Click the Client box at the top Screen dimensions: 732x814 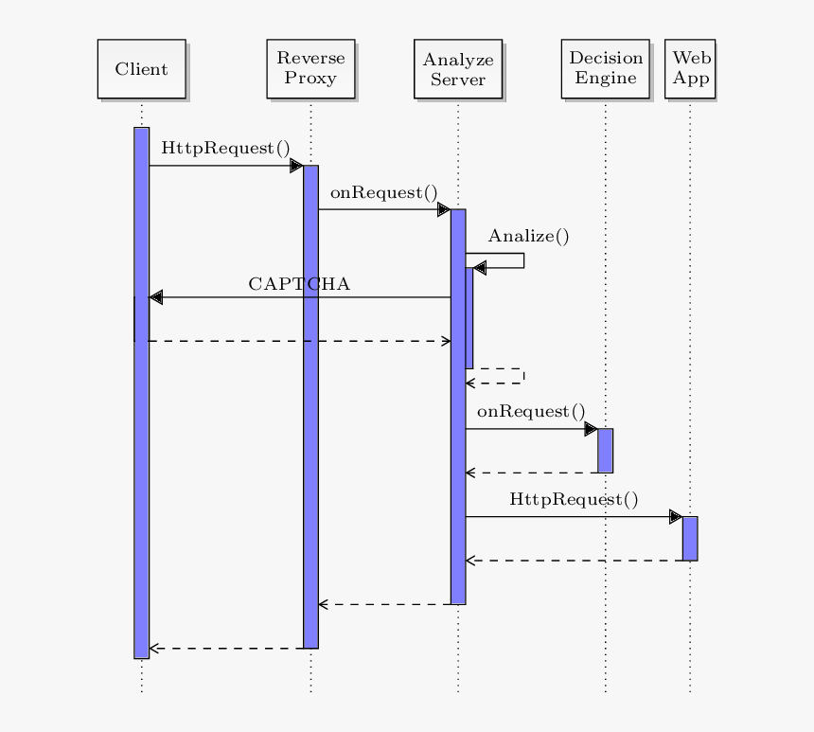pos(141,69)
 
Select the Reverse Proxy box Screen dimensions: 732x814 pos(310,69)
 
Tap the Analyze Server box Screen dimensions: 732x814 pos(458,69)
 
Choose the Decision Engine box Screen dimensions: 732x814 pos(605,69)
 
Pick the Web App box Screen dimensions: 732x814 pos(690,69)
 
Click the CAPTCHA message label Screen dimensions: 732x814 pos(299,284)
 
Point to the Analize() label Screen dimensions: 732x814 pos(528,237)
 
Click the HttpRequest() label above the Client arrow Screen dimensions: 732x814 pos(225,149)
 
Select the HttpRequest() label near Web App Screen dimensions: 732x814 pos(574,499)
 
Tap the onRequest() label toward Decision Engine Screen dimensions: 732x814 pos(531,411)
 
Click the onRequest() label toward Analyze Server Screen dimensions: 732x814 pos(384,192)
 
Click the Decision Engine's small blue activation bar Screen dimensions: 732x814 pos(605,450)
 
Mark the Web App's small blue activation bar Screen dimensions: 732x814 pos(690,538)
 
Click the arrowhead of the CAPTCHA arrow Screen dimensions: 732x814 pos(156,297)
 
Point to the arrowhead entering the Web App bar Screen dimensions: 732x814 pos(675,517)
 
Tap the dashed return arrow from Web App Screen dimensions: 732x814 pos(574,561)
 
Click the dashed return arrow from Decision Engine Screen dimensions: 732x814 pos(531,473)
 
